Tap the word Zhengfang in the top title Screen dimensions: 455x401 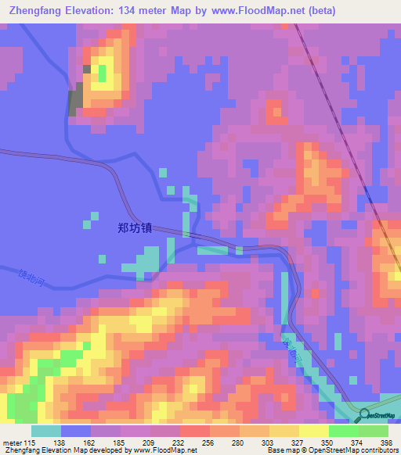pos(38,10)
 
